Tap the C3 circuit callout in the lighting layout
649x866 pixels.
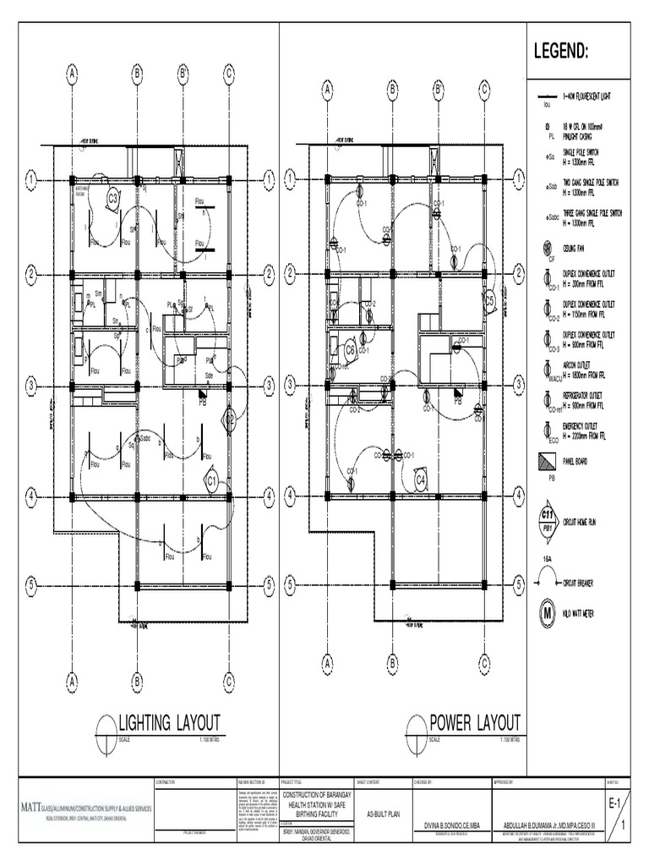click(x=112, y=198)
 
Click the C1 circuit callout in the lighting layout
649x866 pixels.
click(x=212, y=480)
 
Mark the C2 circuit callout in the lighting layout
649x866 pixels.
click(x=229, y=418)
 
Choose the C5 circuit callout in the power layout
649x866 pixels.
click(x=488, y=300)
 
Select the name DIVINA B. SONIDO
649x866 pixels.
click(x=447, y=825)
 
